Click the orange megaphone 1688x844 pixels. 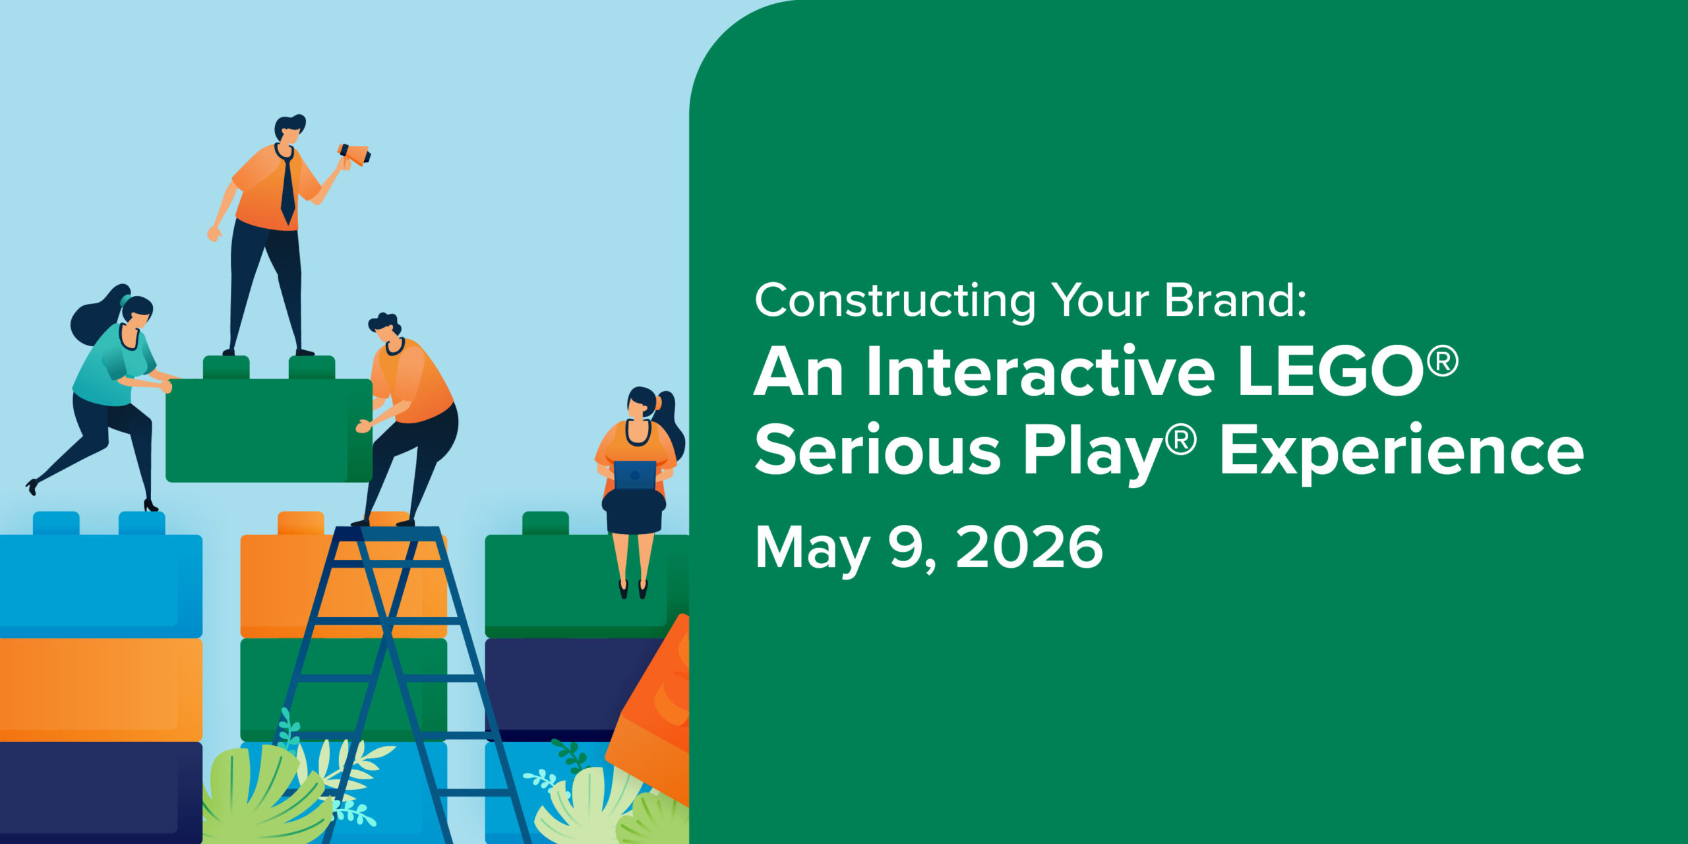[355, 154]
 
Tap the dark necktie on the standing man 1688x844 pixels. [287, 188]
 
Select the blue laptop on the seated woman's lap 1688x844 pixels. [634, 475]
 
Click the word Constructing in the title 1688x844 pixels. [895, 301]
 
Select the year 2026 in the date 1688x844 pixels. [1029, 547]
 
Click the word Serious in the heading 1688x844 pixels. [878, 450]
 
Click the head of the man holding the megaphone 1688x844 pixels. [289, 129]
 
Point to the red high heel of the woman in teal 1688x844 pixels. [151, 506]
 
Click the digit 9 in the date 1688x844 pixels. [907, 547]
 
